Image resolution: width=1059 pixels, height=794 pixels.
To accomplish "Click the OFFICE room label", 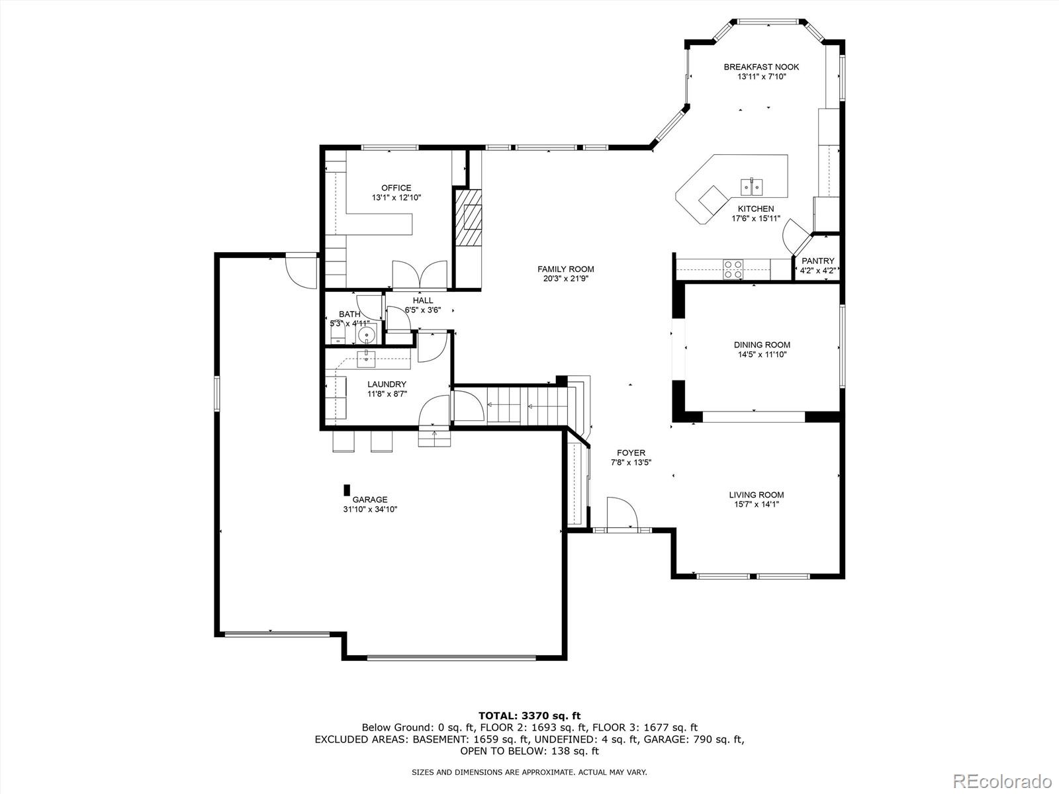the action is pyautogui.click(x=396, y=187).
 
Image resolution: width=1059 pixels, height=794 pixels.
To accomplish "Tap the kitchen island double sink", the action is pyautogui.click(x=752, y=186).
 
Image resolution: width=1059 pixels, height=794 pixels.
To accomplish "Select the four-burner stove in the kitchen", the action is pyautogui.click(x=733, y=269).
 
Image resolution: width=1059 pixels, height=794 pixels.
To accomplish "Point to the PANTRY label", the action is pyautogui.click(x=818, y=261).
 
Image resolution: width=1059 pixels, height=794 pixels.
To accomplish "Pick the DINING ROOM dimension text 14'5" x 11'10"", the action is pyautogui.click(x=762, y=355).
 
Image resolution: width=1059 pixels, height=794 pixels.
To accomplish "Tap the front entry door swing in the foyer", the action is pyautogui.click(x=622, y=513).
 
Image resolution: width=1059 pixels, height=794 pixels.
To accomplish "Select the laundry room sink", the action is pyautogui.click(x=366, y=359).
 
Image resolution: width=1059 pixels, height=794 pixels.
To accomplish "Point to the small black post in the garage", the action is pyautogui.click(x=346, y=490).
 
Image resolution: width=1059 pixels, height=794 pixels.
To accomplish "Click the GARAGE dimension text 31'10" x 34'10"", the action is pyautogui.click(x=370, y=509).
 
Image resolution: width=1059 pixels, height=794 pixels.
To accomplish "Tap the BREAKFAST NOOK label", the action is pyautogui.click(x=761, y=67).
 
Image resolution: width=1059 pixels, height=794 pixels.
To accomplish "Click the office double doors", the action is pyautogui.click(x=420, y=275).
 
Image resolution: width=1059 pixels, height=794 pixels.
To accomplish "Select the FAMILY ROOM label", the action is pyautogui.click(x=565, y=269).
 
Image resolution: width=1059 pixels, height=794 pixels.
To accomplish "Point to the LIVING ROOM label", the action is pyautogui.click(x=756, y=495).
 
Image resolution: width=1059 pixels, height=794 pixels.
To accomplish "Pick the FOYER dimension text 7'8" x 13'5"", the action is pyautogui.click(x=631, y=463).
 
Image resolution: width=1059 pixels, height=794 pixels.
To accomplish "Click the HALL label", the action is pyautogui.click(x=423, y=300).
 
